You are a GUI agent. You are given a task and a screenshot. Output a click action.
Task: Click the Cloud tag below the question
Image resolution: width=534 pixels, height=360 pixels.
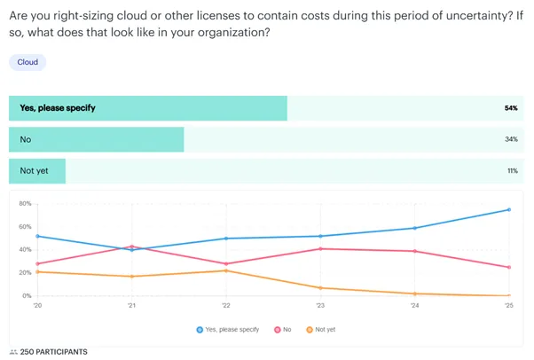click(x=27, y=62)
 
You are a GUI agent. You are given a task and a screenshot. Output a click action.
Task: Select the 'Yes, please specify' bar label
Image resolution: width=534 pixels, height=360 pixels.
click(x=58, y=108)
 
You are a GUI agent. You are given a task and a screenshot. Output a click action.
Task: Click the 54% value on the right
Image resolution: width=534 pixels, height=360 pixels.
click(x=511, y=108)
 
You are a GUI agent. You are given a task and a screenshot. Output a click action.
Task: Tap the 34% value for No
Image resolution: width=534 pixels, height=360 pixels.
click(x=512, y=140)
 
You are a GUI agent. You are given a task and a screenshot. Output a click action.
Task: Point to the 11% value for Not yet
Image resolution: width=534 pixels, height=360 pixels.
click(x=512, y=171)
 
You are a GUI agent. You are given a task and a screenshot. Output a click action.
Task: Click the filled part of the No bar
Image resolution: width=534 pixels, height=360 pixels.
click(x=96, y=140)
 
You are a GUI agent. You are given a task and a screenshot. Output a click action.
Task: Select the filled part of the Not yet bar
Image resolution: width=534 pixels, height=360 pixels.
click(x=37, y=171)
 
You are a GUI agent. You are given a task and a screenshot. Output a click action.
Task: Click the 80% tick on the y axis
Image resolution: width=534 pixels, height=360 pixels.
click(x=25, y=204)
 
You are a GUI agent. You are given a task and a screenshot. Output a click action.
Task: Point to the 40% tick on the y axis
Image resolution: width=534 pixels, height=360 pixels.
click(x=25, y=250)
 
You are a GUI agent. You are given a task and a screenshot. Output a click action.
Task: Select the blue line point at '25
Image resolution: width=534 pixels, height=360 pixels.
click(x=508, y=209)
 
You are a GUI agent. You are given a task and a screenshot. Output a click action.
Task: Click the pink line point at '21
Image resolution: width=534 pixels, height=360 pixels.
click(x=131, y=247)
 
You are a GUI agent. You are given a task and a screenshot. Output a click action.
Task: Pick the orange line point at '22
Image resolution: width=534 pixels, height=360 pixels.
click(x=225, y=270)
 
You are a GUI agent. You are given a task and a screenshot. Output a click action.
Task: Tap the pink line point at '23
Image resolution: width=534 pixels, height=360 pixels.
click(x=319, y=248)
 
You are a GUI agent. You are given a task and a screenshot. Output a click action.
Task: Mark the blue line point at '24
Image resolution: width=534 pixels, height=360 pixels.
click(x=414, y=228)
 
